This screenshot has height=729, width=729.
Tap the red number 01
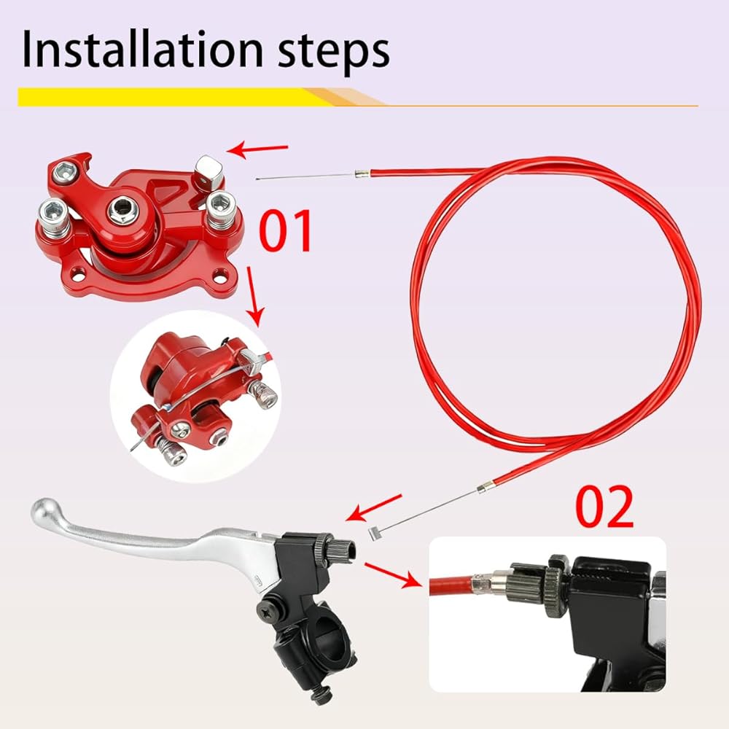tap(286, 230)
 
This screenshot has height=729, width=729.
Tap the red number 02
tap(604, 507)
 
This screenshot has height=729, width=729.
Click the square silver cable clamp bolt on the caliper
tap(209, 170)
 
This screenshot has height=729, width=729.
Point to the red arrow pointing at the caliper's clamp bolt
tap(257, 149)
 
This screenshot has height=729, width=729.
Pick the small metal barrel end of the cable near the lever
tap(374, 534)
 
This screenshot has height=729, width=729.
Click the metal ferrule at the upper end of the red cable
tap(362, 174)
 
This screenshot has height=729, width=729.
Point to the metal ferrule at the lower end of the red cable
tap(483, 487)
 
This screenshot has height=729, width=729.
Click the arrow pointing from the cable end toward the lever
tap(373, 508)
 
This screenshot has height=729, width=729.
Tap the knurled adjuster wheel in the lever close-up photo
tap(555, 587)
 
